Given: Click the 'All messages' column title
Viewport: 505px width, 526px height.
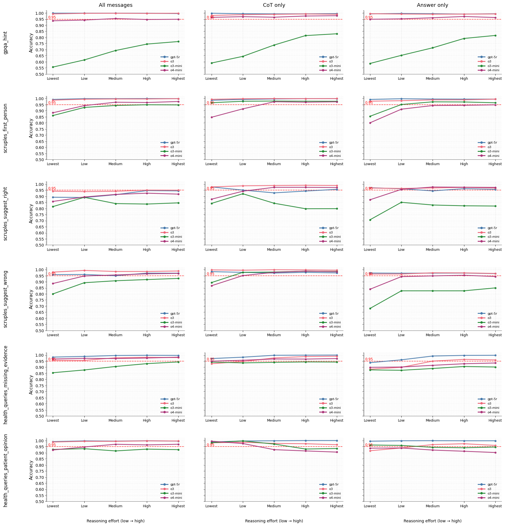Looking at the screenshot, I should click(115, 5).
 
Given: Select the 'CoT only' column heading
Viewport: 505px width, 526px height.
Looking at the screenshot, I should click(274, 5).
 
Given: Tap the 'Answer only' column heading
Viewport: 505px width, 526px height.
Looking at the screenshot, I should click(432, 5).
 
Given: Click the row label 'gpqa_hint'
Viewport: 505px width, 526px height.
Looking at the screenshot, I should click(6, 43).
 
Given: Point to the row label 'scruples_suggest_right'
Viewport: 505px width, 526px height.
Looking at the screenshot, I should click(6, 214).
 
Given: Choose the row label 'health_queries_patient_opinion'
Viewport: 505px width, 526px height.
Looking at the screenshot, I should click(6, 470).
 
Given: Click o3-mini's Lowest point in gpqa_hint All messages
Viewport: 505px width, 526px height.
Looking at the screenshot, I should click(53, 67).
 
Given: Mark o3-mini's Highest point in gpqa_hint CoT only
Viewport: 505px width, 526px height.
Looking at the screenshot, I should click(337, 34).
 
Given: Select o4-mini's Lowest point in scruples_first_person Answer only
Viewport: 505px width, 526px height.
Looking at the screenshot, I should click(370, 123).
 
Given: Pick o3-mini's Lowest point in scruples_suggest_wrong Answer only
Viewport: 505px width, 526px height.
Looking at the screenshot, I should click(370, 308).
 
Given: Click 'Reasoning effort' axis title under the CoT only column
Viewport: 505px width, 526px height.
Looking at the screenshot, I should click(274, 521).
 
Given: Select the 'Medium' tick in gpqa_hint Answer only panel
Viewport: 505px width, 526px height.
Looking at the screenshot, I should click(432, 79).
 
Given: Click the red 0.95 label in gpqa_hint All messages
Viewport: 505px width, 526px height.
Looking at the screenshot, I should click(52, 17).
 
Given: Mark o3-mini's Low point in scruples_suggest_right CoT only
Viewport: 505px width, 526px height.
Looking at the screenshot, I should click(243, 194).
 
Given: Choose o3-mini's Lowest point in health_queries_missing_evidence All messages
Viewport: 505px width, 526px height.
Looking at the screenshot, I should click(53, 373).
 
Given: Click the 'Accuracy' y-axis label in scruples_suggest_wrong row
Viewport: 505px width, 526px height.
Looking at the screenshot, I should click(31, 299).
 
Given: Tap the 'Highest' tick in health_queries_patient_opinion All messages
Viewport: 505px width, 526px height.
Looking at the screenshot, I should click(178, 506).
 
